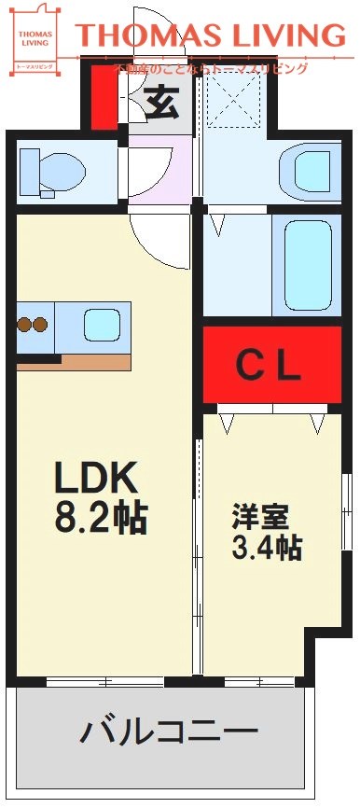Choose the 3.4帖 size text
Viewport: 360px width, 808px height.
coord(266,547)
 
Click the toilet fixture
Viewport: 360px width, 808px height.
coord(53,171)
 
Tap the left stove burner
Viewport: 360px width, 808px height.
coord(24,326)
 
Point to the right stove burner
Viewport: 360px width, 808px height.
coord(40,326)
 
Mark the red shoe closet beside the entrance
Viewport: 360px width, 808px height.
coord(106,97)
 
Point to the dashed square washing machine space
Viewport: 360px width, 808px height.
coord(233,100)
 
